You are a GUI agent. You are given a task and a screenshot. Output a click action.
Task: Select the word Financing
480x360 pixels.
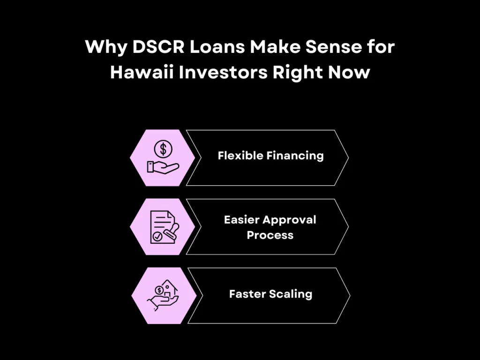[295, 156]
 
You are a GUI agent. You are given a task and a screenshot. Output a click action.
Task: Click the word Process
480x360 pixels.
[270, 235]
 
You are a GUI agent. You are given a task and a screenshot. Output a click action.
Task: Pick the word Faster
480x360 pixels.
[247, 294]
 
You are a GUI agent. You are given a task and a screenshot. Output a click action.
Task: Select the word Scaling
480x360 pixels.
[291, 294]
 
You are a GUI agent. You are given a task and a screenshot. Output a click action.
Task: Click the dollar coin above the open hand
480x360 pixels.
[163, 149]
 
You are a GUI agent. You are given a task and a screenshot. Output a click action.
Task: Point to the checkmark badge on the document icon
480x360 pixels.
[158, 238]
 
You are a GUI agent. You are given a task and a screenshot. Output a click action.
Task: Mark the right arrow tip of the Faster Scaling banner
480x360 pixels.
[349, 296]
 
